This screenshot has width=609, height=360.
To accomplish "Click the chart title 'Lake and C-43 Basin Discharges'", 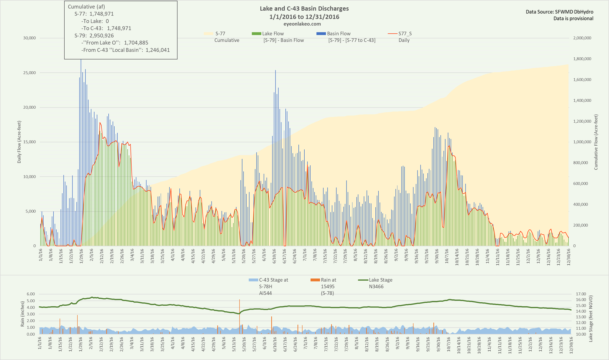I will [304, 9].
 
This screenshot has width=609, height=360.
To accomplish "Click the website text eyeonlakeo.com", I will [304, 24].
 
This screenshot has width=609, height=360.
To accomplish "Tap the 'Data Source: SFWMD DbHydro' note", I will [559, 12].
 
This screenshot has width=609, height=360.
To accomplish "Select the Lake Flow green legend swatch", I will [256, 34].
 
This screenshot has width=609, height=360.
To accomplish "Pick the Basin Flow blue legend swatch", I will [321, 34].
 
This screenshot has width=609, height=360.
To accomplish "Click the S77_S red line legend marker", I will [392, 34].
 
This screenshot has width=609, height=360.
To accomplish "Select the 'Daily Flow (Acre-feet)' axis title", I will [19, 142].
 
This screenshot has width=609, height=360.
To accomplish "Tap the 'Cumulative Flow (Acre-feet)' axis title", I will [596, 142].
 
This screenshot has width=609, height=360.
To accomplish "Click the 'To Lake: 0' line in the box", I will [95, 21].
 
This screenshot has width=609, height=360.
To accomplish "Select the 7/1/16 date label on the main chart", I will [305, 255].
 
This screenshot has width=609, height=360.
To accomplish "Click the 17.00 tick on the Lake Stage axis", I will [581, 294].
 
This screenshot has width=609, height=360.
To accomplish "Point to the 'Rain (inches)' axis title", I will [23, 314].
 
